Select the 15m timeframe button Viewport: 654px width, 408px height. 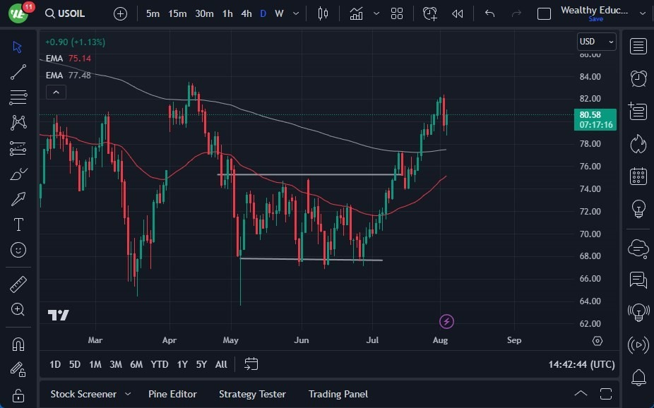[177, 13]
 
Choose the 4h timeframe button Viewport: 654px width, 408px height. [246, 13]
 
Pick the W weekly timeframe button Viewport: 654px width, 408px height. [279, 13]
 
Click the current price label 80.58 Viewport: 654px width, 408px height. [590, 115]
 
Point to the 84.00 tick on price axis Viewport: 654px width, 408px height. [590, 76]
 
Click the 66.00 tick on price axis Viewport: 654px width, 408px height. [590, 279]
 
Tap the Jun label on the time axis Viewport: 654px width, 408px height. [302, 340]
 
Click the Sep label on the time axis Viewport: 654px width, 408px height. [514, 340]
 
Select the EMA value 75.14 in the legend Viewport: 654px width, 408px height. [79, 59]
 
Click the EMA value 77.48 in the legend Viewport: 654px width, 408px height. [79, 76]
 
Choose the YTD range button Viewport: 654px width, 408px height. [160, 364]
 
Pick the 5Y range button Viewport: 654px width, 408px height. [201, 364]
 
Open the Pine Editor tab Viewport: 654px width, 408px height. [172, 394]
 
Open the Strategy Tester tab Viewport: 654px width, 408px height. [252, 394]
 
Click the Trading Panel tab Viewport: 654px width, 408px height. [338, 394]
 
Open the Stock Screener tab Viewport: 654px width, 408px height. [84, 394]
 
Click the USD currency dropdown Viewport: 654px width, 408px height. [596, 42]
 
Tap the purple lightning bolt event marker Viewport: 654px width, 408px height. [446, 322]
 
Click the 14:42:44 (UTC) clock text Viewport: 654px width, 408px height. [581, 364]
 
